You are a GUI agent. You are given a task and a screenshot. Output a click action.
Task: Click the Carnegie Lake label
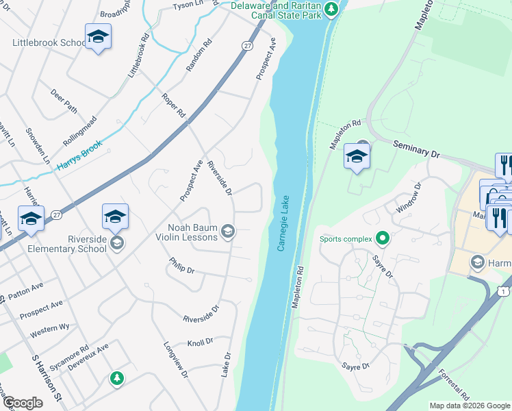pos(283,223)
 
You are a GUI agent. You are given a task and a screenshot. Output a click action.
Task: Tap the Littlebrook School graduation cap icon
pos(98,37)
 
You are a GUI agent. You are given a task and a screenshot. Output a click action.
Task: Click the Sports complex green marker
pos(383,238)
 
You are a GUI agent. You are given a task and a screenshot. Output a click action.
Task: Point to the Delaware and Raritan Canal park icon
pos(331,9)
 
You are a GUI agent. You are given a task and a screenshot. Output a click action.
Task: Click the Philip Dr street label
pos(181,266)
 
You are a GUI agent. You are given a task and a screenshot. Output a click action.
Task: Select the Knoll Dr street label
pos(200,342)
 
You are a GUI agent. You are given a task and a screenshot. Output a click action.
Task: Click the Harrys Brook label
pos(79,156)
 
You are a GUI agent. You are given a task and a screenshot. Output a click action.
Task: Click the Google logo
pos(23,403)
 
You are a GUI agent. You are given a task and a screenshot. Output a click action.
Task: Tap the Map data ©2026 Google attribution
pos(470,406)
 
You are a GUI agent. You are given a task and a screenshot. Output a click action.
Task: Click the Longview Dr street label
pos(176,359)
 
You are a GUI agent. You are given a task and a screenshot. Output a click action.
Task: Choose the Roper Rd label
pos(174,103)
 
